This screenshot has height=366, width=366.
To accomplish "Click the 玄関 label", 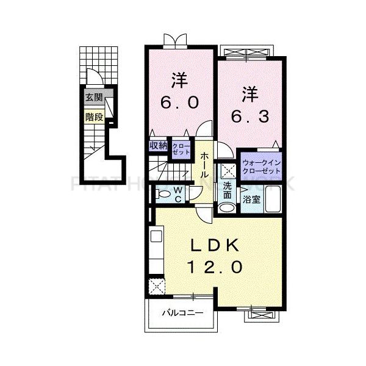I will click(93, 98).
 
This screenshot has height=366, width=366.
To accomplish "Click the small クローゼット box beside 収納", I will click(181, 149).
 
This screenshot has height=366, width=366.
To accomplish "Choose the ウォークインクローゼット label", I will click(262, 167).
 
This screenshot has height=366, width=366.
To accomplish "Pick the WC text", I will click(178, 195).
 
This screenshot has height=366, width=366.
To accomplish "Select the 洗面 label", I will click(228, 190).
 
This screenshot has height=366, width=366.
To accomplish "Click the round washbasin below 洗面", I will click(226, 207).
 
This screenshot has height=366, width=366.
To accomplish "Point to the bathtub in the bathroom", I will click(272, 199).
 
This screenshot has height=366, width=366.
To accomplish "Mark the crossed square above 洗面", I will click(228, 171).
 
